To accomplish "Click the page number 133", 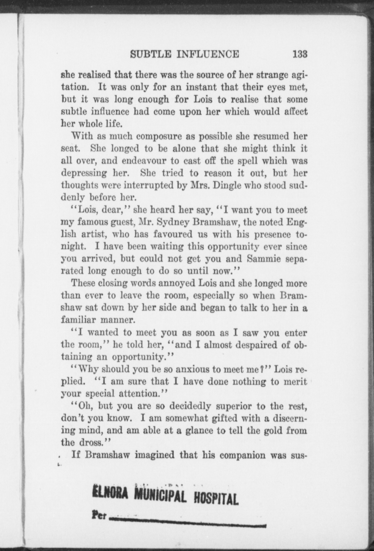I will click(300, 54).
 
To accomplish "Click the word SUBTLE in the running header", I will click(151, 54).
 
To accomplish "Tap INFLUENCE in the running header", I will click(208, 54).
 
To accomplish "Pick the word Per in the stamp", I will click(99, 514).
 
